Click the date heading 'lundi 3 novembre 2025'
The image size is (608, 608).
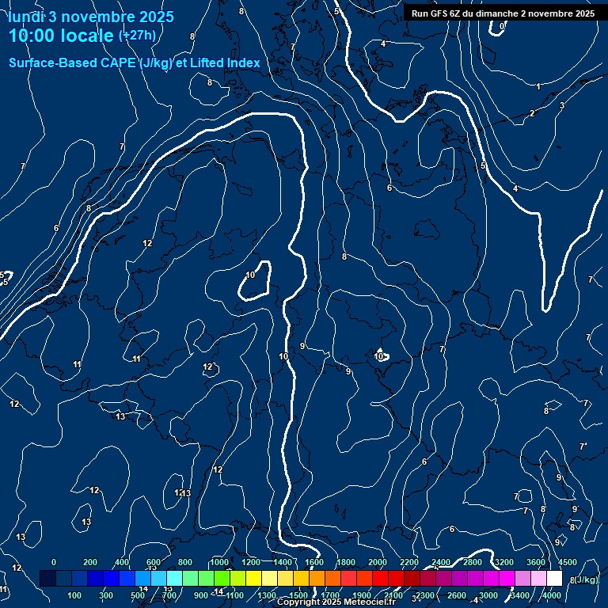pyautogui.click(x=91, y=17)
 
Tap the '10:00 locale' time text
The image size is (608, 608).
pyautogui.click(x=62, y=36)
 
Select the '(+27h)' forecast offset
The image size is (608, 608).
pyautogui.click(x=137, y=36)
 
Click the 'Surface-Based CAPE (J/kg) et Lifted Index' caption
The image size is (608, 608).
pyautogui.click(x=135, y=63)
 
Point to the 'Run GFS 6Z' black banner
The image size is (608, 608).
pyautogui.click(x=503, y=13)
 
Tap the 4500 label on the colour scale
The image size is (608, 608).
pyautogui.click(x=568, y=562)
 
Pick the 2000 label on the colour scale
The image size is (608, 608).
pyautogui.click(x=378, y=562)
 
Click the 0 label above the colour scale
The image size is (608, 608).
pyautogui.click(x=54, y=562)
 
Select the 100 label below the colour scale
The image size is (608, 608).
pyautogui.click(x=75, y=595)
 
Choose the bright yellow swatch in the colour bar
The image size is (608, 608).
pyautogui.click(x=270, y=579)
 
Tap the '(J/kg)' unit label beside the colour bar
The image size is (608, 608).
pyautogui.click(x=587, y=579)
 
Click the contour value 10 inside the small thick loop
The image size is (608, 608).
pyautogui.click(x=250, y=275)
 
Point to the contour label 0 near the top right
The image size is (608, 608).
pyautogui.click(x=503, y=26)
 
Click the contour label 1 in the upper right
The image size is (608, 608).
pyautogui.click(x=538, y=86)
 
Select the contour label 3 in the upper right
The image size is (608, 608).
pyautogui.click(x=562, y=105)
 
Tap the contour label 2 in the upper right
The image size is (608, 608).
pyautogui.click(x=532, y=113)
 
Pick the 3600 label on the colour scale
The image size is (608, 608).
pyautogui.click(x=536, y=562)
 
